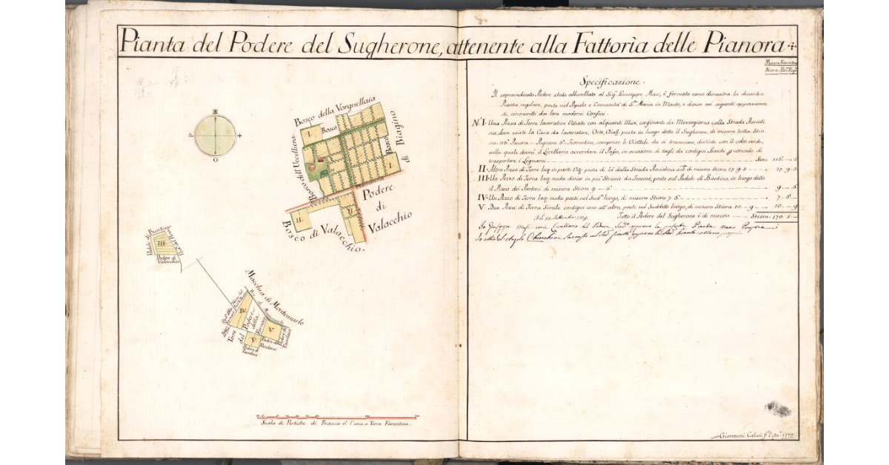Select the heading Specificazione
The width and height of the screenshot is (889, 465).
coord(613,81)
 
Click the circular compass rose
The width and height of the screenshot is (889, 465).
coord(216,136)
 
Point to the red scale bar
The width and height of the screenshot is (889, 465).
coord(337,416)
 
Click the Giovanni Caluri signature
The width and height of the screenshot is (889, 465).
coord(752,435)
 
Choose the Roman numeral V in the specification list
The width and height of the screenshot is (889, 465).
coord(482,207)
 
